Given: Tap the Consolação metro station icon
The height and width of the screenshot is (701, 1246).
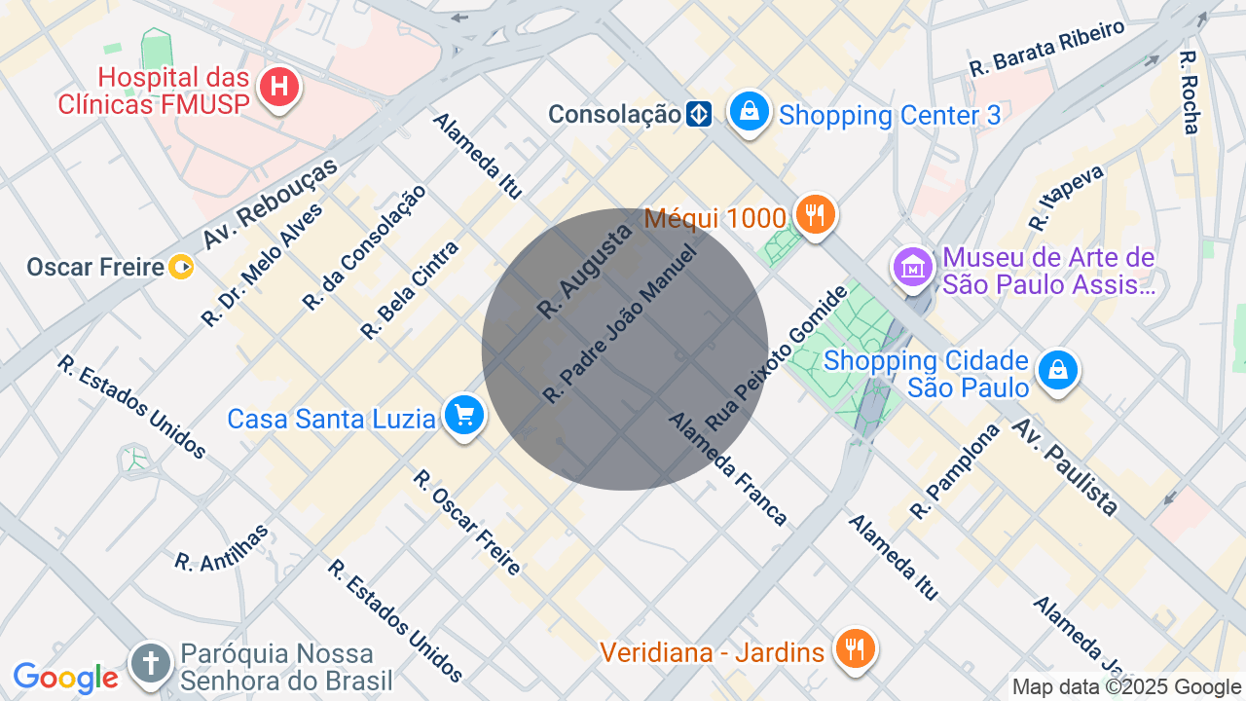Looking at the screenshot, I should (699, 115).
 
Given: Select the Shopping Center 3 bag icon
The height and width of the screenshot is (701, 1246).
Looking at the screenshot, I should (750, 112).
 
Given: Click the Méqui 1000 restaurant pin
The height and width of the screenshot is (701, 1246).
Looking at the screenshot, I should (815, 213).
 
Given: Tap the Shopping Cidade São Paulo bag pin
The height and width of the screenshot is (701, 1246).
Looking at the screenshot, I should (1057, 370).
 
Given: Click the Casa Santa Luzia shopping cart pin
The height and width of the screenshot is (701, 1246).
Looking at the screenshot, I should (464, 416).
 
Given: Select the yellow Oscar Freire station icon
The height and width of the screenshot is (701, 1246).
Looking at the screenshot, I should (181, 267).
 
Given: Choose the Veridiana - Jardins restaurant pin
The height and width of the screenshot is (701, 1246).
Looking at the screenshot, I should (856, 648).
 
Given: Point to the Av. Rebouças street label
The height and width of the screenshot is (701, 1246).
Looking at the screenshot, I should (270, 203).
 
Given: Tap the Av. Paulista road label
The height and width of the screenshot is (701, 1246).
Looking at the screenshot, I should (1065, 466).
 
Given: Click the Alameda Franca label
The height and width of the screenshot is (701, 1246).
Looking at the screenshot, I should (727, 468).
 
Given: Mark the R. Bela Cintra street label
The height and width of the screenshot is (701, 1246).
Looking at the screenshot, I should (409, 290).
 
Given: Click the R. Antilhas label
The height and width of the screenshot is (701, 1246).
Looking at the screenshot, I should (221, 547).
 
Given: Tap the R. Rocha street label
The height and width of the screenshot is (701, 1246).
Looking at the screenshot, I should (1190, 92).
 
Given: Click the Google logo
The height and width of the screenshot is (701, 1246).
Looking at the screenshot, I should (65, 678).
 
